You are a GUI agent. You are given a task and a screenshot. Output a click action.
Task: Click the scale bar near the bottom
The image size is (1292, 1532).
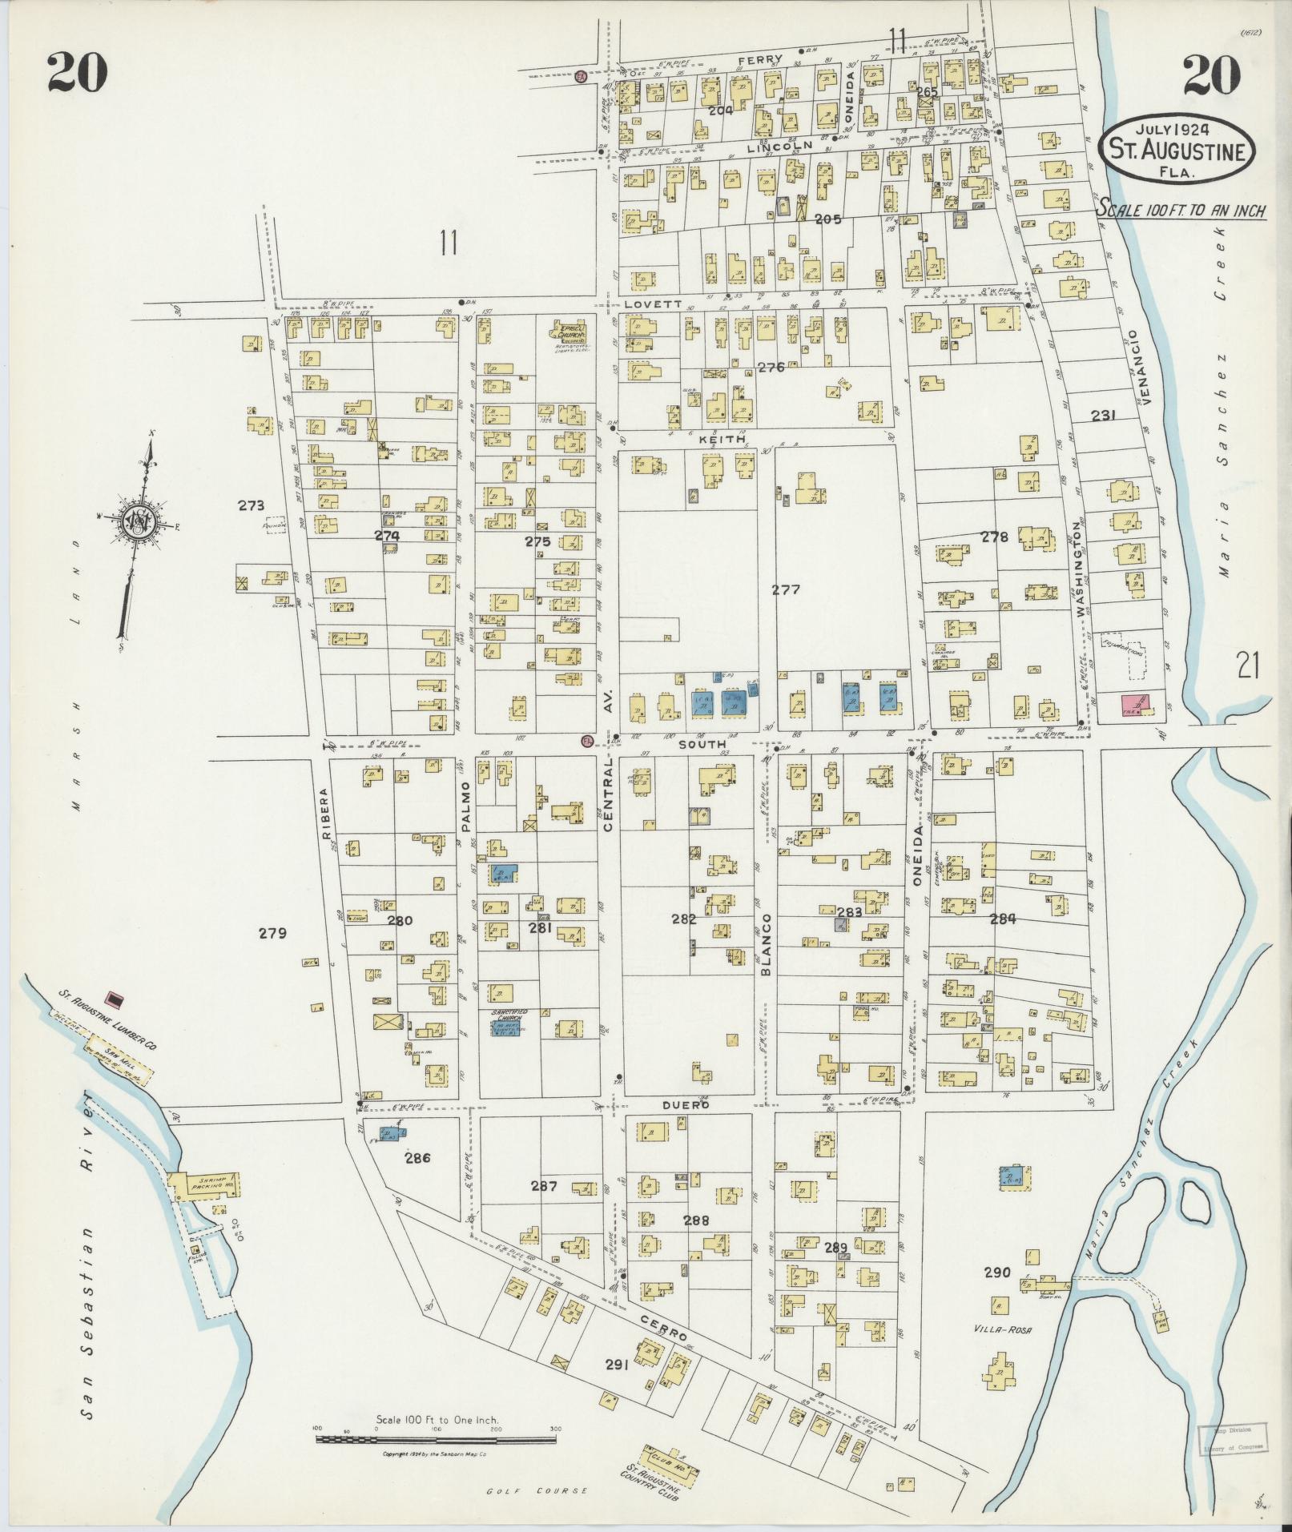(x=436, y=1439)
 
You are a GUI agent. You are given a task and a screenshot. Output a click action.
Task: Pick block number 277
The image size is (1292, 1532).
(x=785, y=590)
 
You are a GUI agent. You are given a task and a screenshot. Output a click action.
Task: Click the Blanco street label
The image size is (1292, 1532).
(x=766, y=944)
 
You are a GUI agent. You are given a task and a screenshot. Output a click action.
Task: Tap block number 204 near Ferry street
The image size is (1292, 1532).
(x=720, y=111)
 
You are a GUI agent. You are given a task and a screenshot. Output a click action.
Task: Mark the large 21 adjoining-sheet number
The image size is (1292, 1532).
(x=1249, y=665)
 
